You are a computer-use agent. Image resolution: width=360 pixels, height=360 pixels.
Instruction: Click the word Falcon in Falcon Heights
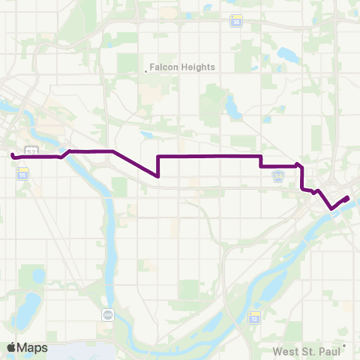165,67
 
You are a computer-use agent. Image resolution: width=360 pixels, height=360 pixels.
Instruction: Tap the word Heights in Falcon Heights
197,67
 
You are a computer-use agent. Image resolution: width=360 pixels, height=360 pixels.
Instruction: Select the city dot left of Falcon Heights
145,72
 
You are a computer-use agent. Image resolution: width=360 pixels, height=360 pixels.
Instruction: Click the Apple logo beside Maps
12,347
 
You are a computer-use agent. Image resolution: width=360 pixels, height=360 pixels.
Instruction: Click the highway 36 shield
236,22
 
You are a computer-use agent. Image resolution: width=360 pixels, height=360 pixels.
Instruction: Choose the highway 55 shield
22,172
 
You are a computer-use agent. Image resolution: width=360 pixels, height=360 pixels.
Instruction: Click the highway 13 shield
254,317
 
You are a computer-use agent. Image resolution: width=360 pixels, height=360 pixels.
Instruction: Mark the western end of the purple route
13,155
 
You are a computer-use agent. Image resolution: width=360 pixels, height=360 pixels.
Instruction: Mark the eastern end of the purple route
348,197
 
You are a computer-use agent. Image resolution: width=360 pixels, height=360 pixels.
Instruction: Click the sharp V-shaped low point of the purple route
158,176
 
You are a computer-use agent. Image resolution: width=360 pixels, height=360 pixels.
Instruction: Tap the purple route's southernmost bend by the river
331,208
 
